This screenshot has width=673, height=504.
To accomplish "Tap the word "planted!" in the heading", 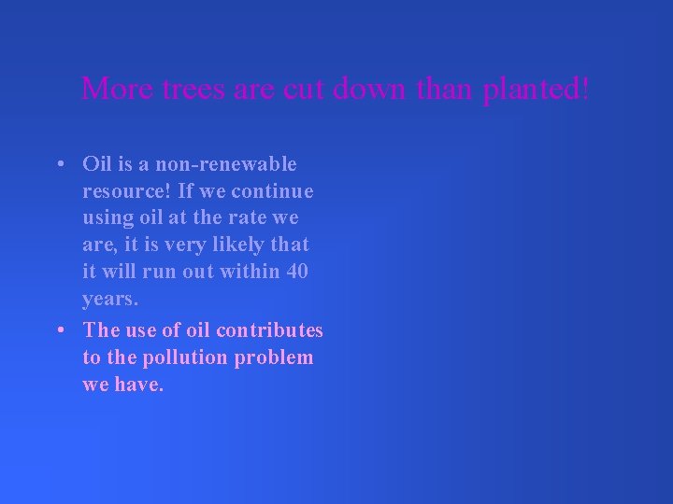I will tap(537, 91).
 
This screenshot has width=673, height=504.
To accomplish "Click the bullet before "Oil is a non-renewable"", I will tap(59, 164).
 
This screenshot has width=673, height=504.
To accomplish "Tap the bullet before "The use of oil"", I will tap(59, 330).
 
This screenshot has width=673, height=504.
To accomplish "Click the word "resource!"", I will tap(125, 191).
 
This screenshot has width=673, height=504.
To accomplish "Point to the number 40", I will tap(296, 272).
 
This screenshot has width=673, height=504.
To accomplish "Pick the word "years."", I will tap(110, 299).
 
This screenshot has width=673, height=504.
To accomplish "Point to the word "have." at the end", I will tap(141, 385).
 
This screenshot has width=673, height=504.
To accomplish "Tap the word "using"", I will tap(108, 217).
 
